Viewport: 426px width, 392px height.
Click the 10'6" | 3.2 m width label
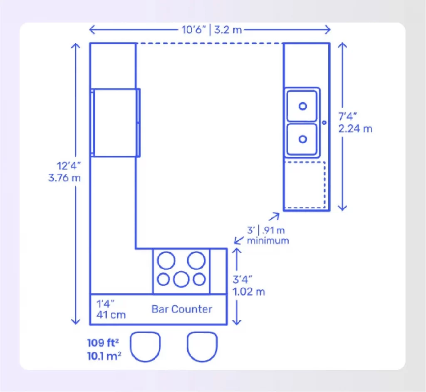click(x=212, y=30)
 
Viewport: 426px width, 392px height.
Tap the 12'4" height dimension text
click(x=69, y=166)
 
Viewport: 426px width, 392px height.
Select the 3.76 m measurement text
click(x=64, y=178)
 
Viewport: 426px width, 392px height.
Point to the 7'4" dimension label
click(x=347, y=116)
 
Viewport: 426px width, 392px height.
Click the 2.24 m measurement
click(x=355, y=129)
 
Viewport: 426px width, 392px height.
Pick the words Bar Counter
click(x=182, y=309)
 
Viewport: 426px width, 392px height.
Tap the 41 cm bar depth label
click(x=111, y=315)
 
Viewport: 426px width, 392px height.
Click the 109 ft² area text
click(x=103, y=343)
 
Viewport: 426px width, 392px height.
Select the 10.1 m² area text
click(x=104, y=356)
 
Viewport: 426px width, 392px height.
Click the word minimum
click(x=268, y=241)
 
